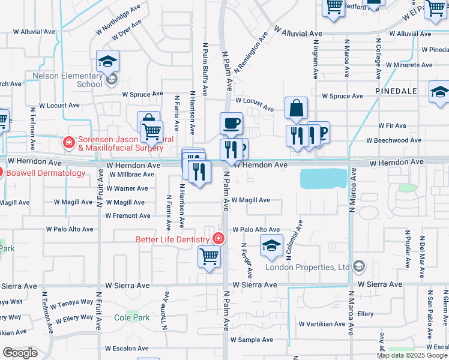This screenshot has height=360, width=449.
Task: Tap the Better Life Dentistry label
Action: tap(173, 239)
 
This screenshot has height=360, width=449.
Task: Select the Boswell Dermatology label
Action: tap(47, 173)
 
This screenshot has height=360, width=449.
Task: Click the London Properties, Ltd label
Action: tap(318, 267)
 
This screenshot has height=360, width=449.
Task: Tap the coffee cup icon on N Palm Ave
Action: tap(231, 124)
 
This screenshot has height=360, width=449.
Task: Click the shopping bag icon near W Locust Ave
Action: tap(296, 109)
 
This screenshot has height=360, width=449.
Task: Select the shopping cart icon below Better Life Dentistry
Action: tap(209, 257)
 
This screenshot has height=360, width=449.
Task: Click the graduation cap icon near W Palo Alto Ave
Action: tap(271, 245)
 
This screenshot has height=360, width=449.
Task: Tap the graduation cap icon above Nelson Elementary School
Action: tap(108, 61)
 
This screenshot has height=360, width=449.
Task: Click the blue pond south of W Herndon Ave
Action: tap(324, 178)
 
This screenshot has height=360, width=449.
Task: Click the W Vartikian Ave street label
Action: tap(322, 324)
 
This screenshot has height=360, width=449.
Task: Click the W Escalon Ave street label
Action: tap(127, 348)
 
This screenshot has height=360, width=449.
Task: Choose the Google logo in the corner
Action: tap(19, 353)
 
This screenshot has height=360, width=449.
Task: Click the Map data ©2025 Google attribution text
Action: tap(411, 355)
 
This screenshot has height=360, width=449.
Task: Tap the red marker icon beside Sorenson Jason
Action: tap(68, 142)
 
